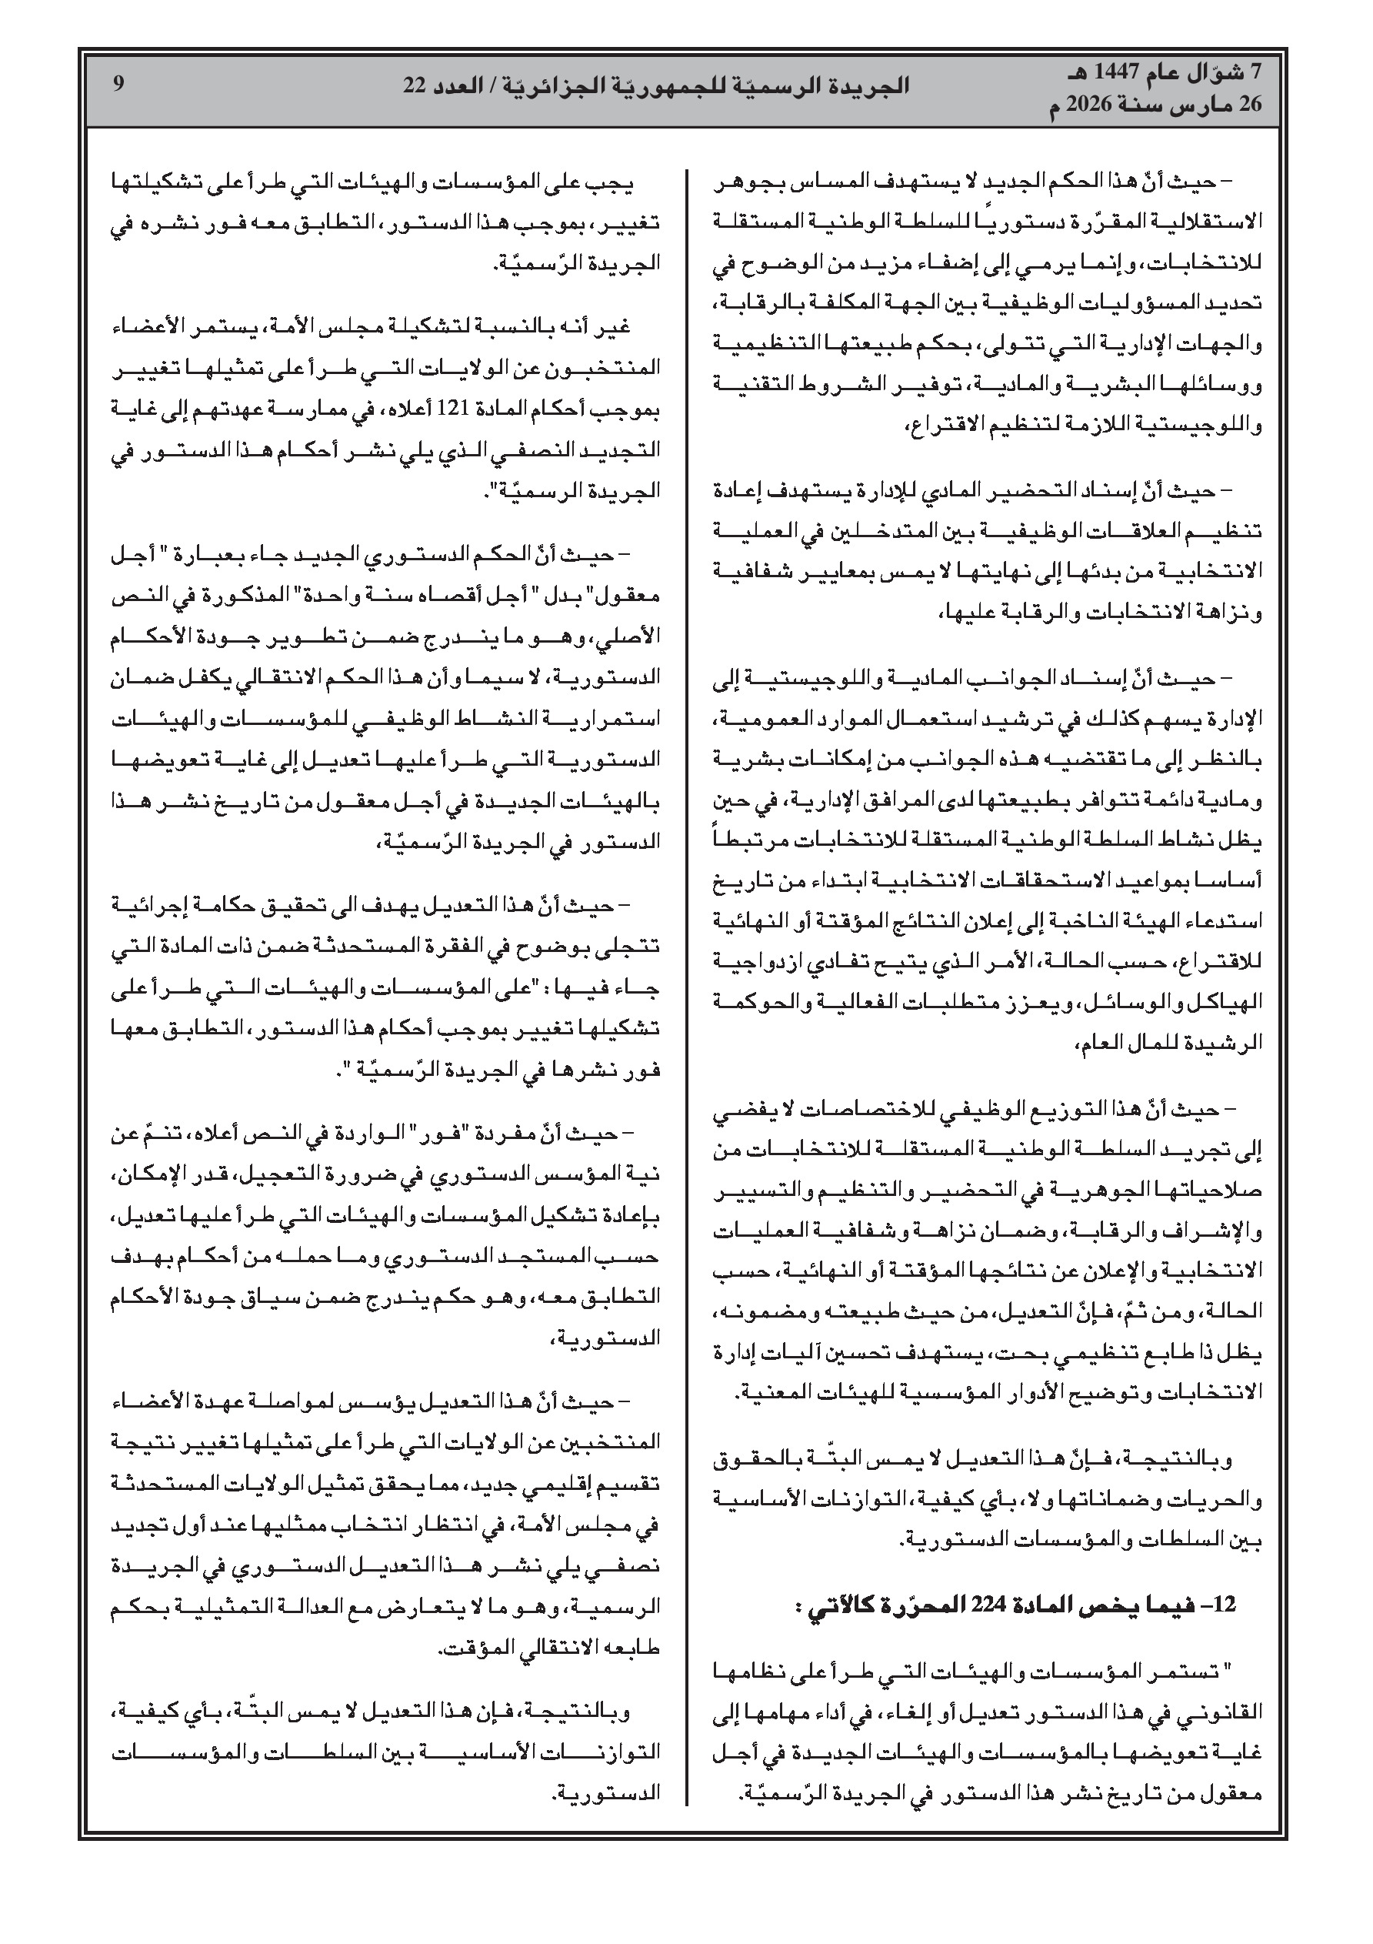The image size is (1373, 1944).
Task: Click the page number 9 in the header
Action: click(x=118, y=85)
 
